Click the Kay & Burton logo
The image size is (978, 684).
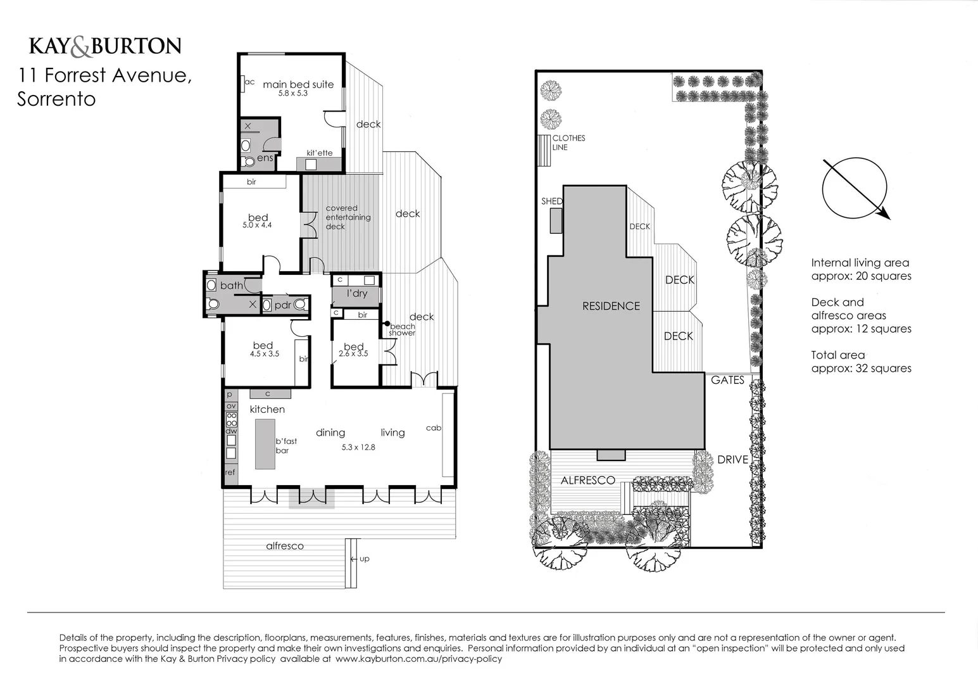105,46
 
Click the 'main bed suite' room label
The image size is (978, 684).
298,84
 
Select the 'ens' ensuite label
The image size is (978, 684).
265,158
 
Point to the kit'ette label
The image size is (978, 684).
319,153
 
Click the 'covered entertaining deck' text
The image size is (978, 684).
348,217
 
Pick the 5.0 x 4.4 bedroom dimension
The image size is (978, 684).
257,225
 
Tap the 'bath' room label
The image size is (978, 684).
231,286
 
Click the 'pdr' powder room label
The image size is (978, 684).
282,305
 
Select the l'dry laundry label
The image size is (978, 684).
356,293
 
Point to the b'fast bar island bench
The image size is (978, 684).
265,443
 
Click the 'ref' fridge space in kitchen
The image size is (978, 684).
230,472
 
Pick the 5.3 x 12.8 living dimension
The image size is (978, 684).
358,447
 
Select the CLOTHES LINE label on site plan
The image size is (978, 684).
568,142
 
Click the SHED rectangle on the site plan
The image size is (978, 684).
555,220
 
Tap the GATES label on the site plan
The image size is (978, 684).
727,380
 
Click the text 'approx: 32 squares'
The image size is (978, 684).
861,369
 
